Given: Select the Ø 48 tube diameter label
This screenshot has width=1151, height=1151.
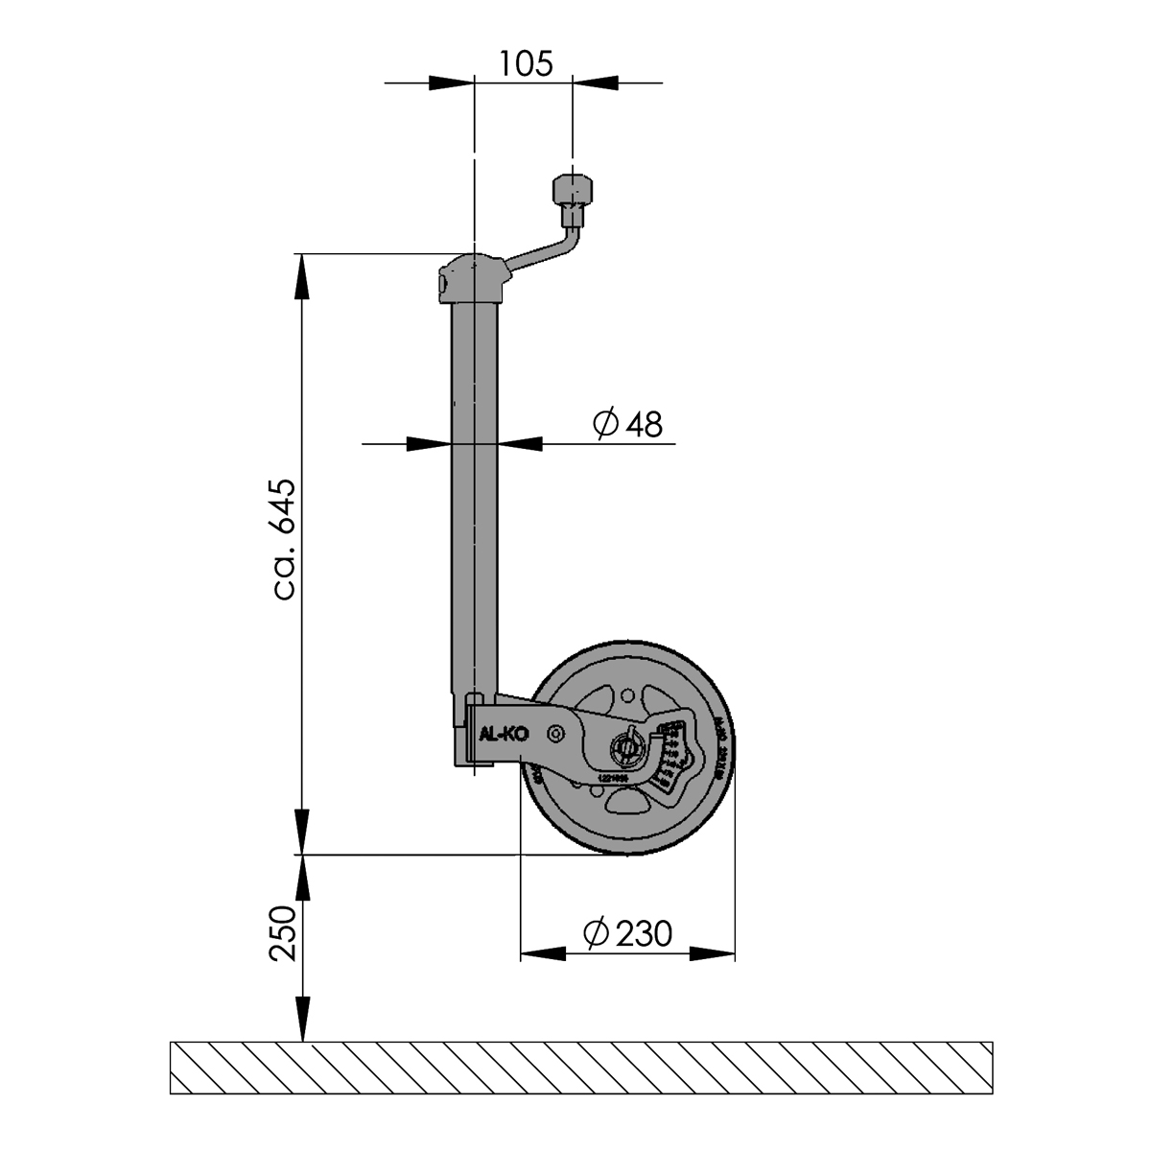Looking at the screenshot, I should click(628, 423).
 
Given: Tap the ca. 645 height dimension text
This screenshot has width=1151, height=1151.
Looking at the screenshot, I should click(286, 539).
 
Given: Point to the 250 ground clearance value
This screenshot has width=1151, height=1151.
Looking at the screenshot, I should click(283, 932).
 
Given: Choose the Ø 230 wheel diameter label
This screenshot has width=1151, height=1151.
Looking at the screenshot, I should click(628, 932).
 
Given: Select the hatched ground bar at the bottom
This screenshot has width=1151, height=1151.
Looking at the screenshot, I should click(581, 1068).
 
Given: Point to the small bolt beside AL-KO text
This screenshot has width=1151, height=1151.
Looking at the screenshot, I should click(555, 733).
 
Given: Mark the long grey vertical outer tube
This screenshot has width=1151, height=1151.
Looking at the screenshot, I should click(475, 499).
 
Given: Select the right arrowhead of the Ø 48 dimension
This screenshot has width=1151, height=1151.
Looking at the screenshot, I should click(521, 443).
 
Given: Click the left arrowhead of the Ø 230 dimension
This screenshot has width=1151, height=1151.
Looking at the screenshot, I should click(542, 954).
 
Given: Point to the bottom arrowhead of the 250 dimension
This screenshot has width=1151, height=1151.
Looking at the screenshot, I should click(302, 1018).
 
